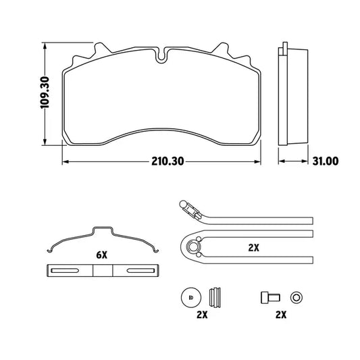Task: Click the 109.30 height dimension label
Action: (x=45, y=93)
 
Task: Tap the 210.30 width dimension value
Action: (x=168, y=161)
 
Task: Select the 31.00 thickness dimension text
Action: (x=326, y=161)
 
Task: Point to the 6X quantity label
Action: (x=101, y=255)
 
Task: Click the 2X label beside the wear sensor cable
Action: (x=254, y=248)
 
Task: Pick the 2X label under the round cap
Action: (x=202, y=315)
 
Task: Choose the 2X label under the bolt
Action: (x=281, y=315)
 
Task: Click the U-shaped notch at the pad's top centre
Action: (x=162, y=56)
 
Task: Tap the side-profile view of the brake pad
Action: (x=293, y=94)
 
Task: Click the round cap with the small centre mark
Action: (x=191, y=298)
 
